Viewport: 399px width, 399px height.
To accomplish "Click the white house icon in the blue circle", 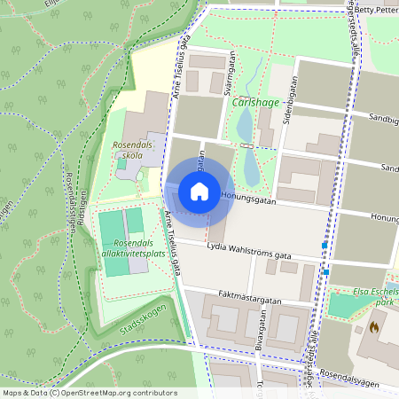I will [x=199, y=191].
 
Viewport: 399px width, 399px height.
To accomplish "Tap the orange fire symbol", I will [x=374, y=326].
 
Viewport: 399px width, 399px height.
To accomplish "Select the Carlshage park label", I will [x=255, y=103].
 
